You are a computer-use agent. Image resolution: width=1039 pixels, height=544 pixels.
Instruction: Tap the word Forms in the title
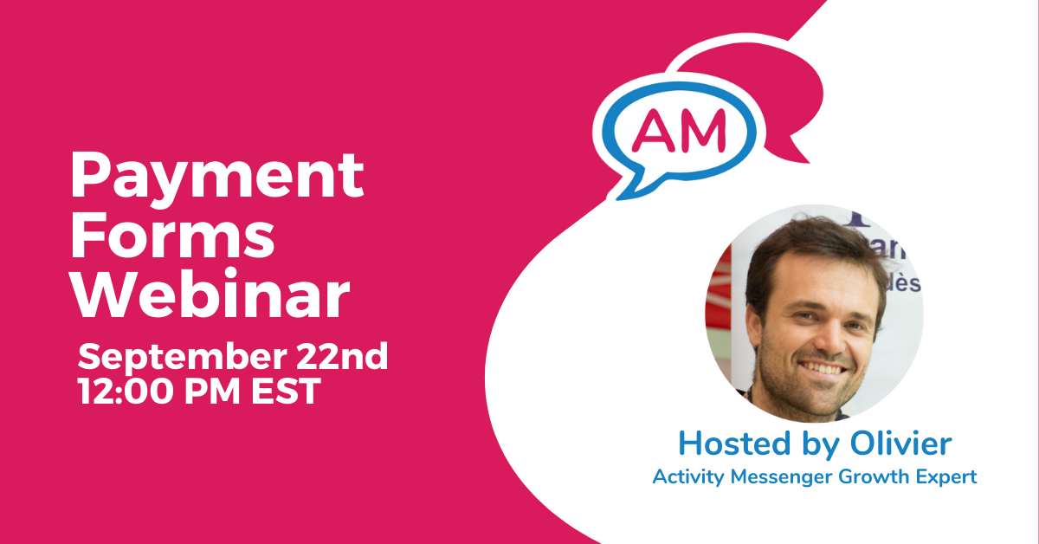coord(172,235)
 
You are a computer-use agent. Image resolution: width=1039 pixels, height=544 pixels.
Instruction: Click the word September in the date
coord(183,359)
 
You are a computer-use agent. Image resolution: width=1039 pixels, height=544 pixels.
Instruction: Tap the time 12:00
coord(126,391)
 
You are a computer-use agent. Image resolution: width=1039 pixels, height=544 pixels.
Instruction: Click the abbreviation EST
coord(286,391)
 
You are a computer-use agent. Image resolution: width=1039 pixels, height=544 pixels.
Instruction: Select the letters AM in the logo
coord(679,132)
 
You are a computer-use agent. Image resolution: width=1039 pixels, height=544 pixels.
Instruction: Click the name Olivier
coord(900,444)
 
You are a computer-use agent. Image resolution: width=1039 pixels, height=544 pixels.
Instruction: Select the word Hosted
coord(734,444)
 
